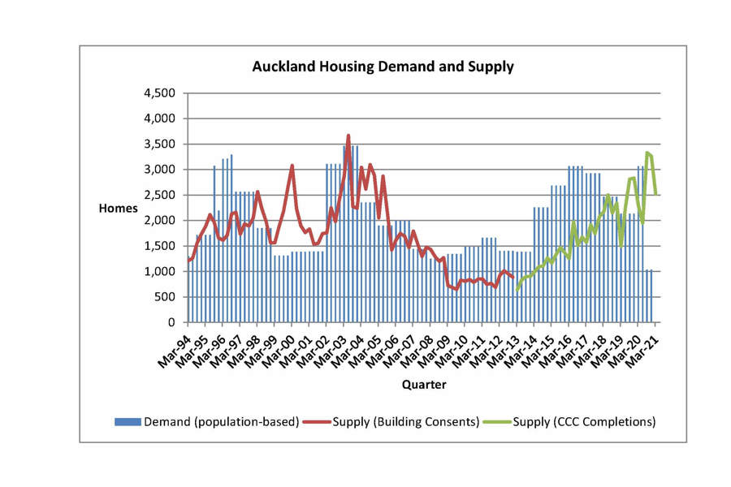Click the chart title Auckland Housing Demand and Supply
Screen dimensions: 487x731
tap(383, 67)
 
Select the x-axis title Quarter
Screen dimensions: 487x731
tap(423, 384)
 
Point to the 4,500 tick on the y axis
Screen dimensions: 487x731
tap(159, 93)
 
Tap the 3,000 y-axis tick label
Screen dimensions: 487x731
tap(159, 170)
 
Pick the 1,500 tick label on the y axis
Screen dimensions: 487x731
tap(159, 246)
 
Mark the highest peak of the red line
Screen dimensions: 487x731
tap(348, 136)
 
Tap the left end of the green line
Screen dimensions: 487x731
tap(517, 290)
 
